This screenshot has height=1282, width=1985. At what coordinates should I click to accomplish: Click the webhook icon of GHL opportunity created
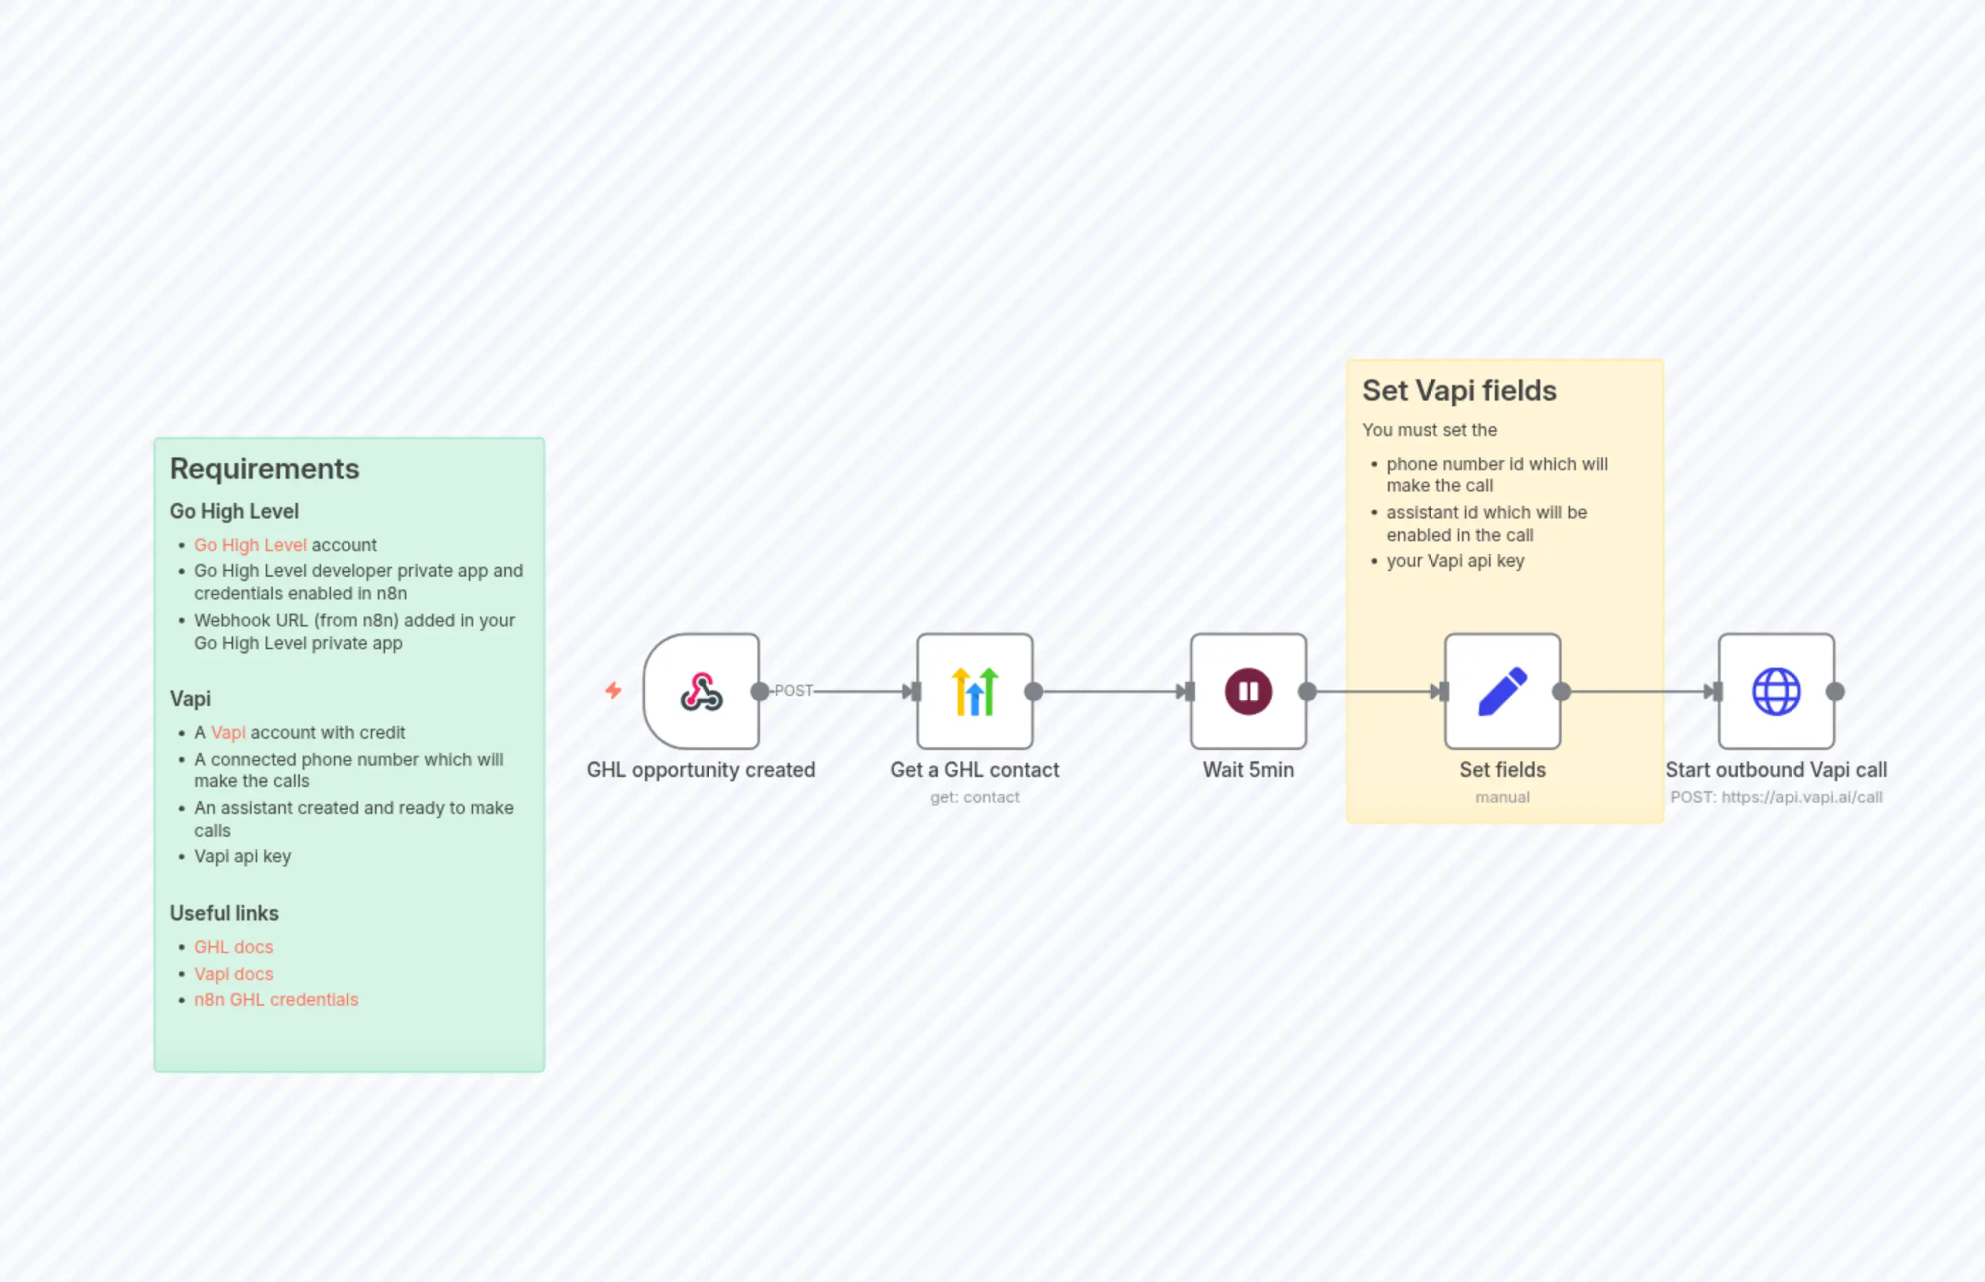click(701, 692)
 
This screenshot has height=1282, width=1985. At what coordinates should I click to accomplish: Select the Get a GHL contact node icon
click(974, 692)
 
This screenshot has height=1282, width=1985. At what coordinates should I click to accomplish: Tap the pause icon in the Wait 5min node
click(1248, 692)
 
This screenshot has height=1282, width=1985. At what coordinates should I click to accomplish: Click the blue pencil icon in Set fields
click(1502, 692)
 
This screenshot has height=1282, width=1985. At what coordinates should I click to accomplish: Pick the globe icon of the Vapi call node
click(1775, 692)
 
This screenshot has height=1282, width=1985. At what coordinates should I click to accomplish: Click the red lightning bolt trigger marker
click(613, 690)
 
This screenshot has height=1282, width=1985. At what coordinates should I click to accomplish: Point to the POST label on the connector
click(793, 691)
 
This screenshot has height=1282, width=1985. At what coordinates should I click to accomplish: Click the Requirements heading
click(264, 469)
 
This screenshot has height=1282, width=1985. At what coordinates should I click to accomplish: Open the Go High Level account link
click(250, 545)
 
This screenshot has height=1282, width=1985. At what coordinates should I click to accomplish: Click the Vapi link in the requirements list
click(227, 732)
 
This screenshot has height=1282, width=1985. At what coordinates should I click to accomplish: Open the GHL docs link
click(233, 947)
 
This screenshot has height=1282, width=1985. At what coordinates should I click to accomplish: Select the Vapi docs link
click(233, 974)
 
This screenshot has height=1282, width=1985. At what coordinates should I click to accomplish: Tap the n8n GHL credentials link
click(276, 1000)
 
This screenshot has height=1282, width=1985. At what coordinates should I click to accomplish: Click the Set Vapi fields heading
click(1459, 391)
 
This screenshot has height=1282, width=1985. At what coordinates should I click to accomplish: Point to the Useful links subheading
click(224, 913)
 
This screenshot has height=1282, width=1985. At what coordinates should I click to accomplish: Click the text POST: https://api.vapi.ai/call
click(1775, 798)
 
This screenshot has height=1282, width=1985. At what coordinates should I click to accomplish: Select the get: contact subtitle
click(974, 798)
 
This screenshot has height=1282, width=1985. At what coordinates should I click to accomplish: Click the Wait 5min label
click(1248, 770)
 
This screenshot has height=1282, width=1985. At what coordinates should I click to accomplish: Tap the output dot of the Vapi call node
click(1834, 692)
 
